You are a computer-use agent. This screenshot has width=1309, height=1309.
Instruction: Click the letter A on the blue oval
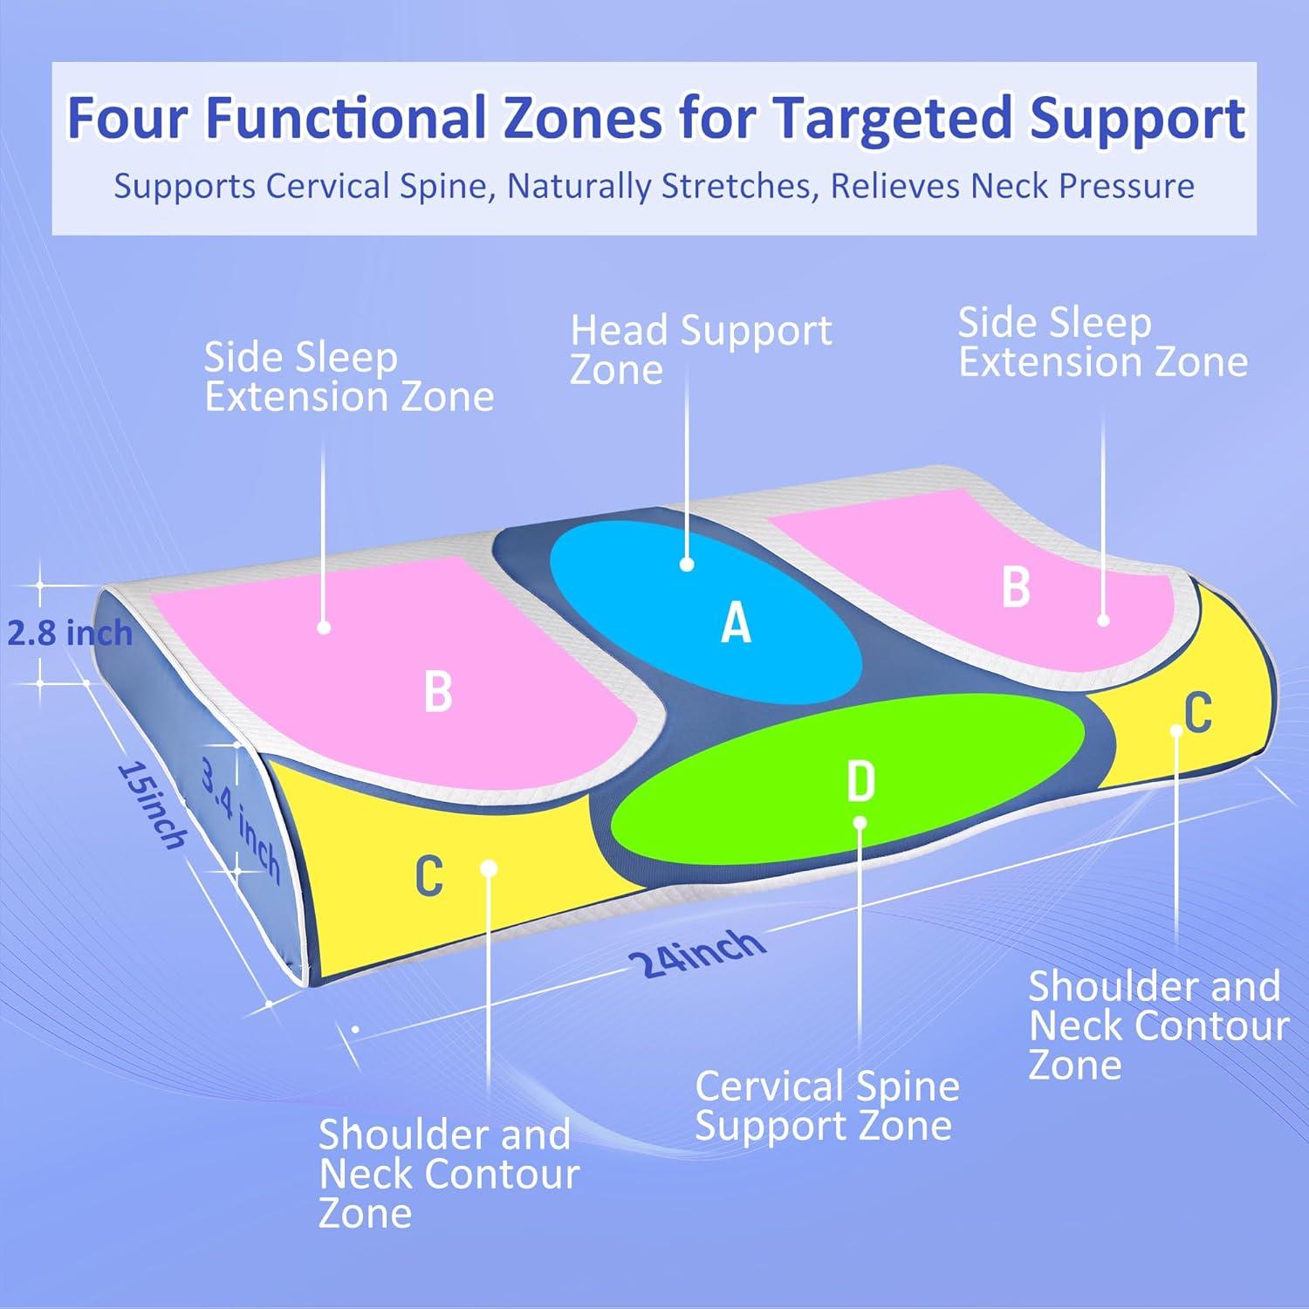coord(736,623)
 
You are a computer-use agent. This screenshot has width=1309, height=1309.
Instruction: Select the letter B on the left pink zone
coord(438,689)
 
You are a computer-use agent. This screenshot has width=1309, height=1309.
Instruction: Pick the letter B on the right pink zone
coord(1016,586)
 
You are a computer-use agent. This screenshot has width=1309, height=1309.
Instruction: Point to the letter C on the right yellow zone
coord(1198,711)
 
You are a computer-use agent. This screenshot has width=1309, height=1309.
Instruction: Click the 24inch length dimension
coord(696,956)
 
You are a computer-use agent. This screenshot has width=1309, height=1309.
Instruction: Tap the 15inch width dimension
coord(153,804)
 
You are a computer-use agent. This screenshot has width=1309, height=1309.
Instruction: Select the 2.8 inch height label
coord(70,633)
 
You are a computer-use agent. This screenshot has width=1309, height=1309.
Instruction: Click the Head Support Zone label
coord(701,349)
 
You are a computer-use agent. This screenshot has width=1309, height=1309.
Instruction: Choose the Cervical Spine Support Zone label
coord(826,1106)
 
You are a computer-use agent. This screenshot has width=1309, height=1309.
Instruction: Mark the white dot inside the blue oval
coord(687,565)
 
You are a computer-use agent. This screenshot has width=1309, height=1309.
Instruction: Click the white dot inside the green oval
coord(860,822)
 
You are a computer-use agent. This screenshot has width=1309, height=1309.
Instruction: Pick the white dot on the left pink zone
coord(324,627)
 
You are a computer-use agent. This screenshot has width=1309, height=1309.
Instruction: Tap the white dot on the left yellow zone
coord(489,867)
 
